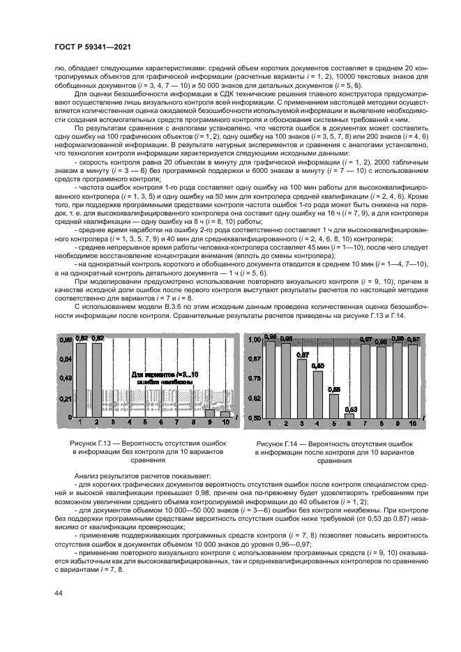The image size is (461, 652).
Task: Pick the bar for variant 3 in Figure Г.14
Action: [302, 387]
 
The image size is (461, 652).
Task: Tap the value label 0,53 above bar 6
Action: [351, 409]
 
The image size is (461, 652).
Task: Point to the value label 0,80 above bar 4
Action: [318, 365]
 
